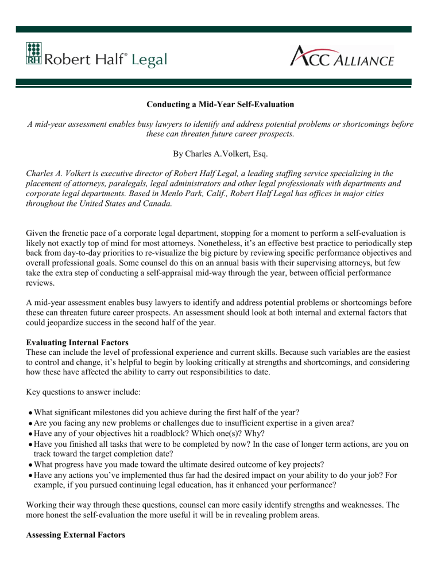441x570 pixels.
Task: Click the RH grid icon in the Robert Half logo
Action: (x=34, y=54)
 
